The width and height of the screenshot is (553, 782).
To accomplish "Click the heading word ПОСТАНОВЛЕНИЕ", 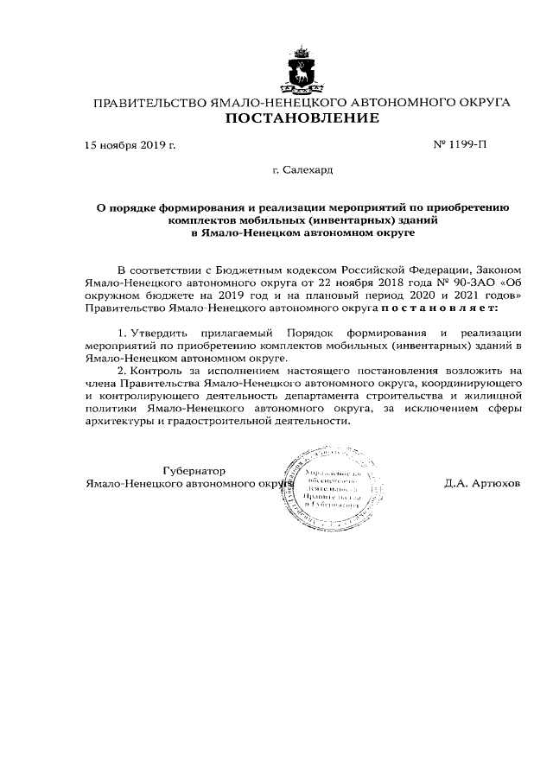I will [x=302, y=119].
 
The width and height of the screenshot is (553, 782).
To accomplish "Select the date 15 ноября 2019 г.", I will [x=130, y=145].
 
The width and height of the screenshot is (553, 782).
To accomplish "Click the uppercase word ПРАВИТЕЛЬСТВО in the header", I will [x=150, y=103].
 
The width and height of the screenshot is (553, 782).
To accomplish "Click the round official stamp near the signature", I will [x=331, y=492].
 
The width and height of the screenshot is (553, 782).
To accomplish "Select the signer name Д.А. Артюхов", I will [x=482, y=483].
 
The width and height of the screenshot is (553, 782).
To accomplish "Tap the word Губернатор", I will [x=194, y=470].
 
